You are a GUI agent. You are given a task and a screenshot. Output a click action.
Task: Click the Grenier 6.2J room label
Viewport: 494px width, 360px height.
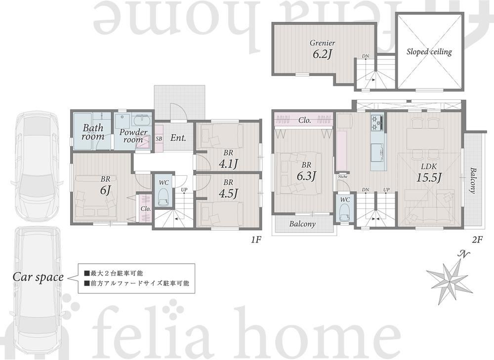point(322,50)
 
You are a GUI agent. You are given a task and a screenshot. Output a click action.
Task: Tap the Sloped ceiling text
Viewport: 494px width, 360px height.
point(429,52)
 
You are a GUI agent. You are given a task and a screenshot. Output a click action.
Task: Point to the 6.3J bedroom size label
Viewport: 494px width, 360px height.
point(306,176)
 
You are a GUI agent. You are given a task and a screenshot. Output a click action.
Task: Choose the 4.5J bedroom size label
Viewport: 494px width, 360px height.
point(228,193)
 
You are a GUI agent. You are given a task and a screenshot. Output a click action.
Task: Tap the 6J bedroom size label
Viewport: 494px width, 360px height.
point(106,191)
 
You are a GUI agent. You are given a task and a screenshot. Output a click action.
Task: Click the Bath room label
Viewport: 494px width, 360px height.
point(93,132)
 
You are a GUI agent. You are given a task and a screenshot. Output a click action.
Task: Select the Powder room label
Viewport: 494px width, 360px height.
point(133,136)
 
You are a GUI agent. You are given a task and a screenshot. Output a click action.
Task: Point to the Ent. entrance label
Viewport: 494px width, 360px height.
point(178,138)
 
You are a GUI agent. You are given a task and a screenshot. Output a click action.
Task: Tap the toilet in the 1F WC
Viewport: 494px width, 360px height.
point(164,197)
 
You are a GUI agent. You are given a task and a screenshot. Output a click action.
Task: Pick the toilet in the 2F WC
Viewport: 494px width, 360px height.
point(345,213)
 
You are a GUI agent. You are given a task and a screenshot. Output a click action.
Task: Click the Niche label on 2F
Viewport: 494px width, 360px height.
point(342,177)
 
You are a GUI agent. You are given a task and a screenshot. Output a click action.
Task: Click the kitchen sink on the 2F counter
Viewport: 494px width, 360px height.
point(377,152)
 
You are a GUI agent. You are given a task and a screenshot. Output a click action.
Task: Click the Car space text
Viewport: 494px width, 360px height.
point(38,277)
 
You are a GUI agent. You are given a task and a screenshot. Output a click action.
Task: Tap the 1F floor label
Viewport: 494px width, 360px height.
point(256,240)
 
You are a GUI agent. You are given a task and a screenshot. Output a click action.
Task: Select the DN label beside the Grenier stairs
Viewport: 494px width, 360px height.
point(366,56)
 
